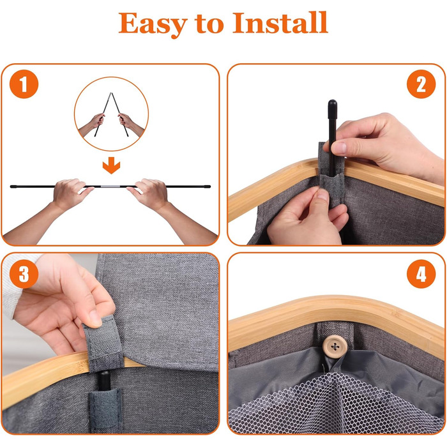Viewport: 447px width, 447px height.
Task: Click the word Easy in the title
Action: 153,24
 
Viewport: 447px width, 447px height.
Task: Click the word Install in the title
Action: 280,22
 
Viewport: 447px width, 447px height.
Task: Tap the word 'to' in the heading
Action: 210,24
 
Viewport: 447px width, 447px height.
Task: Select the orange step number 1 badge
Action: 24,84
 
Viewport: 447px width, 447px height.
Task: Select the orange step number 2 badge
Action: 421,84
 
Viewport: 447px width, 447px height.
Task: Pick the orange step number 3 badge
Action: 24,274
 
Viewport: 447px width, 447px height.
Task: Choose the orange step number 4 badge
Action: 421,274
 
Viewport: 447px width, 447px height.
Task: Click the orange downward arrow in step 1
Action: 111,165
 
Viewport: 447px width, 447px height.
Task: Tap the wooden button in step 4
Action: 335,346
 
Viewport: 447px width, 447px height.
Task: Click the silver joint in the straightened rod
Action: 110,186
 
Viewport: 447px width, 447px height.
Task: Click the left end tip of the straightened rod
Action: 11,186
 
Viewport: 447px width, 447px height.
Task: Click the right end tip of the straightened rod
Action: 209,186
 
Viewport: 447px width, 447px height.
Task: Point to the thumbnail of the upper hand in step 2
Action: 339,148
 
